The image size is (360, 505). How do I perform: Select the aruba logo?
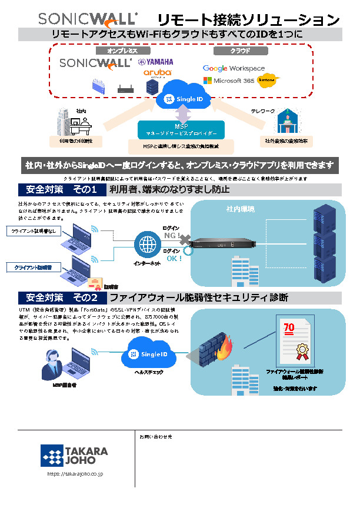pos(157,73)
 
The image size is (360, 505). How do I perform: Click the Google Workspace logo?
pos(234,68)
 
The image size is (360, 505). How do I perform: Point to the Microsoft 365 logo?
pos(229,81)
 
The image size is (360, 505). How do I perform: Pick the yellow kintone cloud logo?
pos(269,81)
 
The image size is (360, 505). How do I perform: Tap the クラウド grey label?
pos(240,51)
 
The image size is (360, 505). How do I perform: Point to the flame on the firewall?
pos(224,352)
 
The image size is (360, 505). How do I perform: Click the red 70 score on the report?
pos(289,327)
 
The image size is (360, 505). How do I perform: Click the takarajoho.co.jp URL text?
pos(75,473)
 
